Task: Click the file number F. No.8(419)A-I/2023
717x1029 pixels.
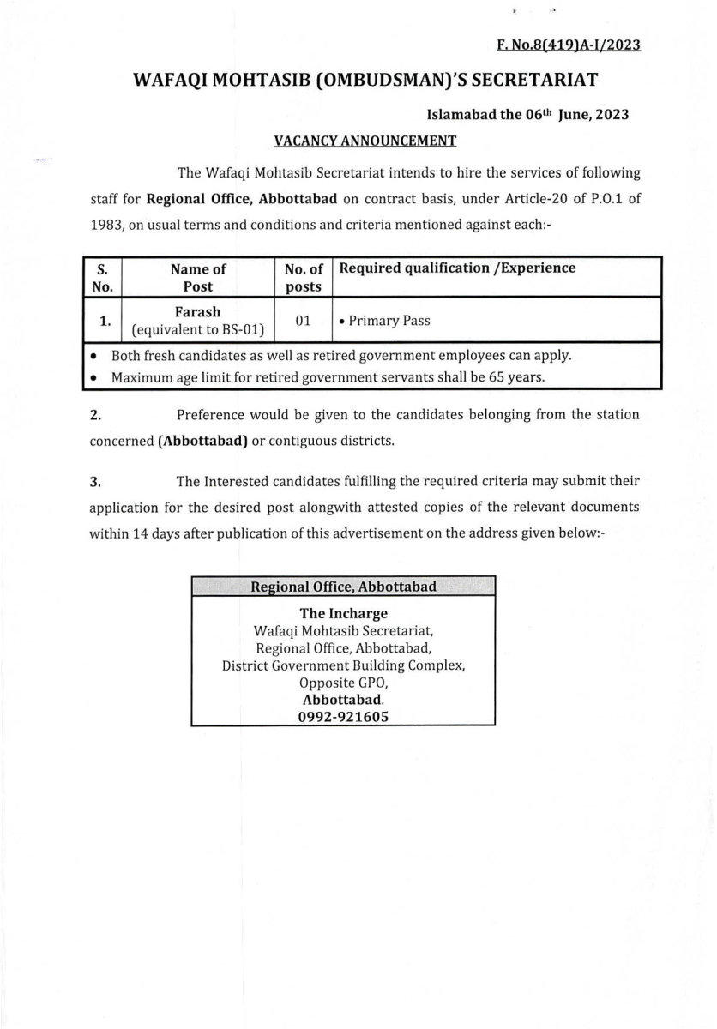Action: pos(569,45)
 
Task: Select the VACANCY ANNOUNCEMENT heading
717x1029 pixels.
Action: pos(365,140)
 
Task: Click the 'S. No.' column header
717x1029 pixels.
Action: pos(102,276)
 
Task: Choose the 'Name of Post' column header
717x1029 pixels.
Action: pos(198,276)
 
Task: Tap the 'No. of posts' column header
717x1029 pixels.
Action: pos(303,276)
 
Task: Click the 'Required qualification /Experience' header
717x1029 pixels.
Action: pos(458,268)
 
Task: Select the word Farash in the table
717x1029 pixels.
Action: pos(198,312)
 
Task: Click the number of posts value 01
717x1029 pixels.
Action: pos(303,321)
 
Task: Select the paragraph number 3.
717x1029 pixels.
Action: pos(96,482)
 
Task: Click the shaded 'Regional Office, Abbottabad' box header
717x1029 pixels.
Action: pos(343,587)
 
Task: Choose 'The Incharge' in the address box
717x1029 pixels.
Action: pos(343,613)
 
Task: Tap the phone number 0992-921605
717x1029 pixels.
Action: pos(343,716)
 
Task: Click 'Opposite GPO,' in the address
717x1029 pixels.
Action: pos(343,683)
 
